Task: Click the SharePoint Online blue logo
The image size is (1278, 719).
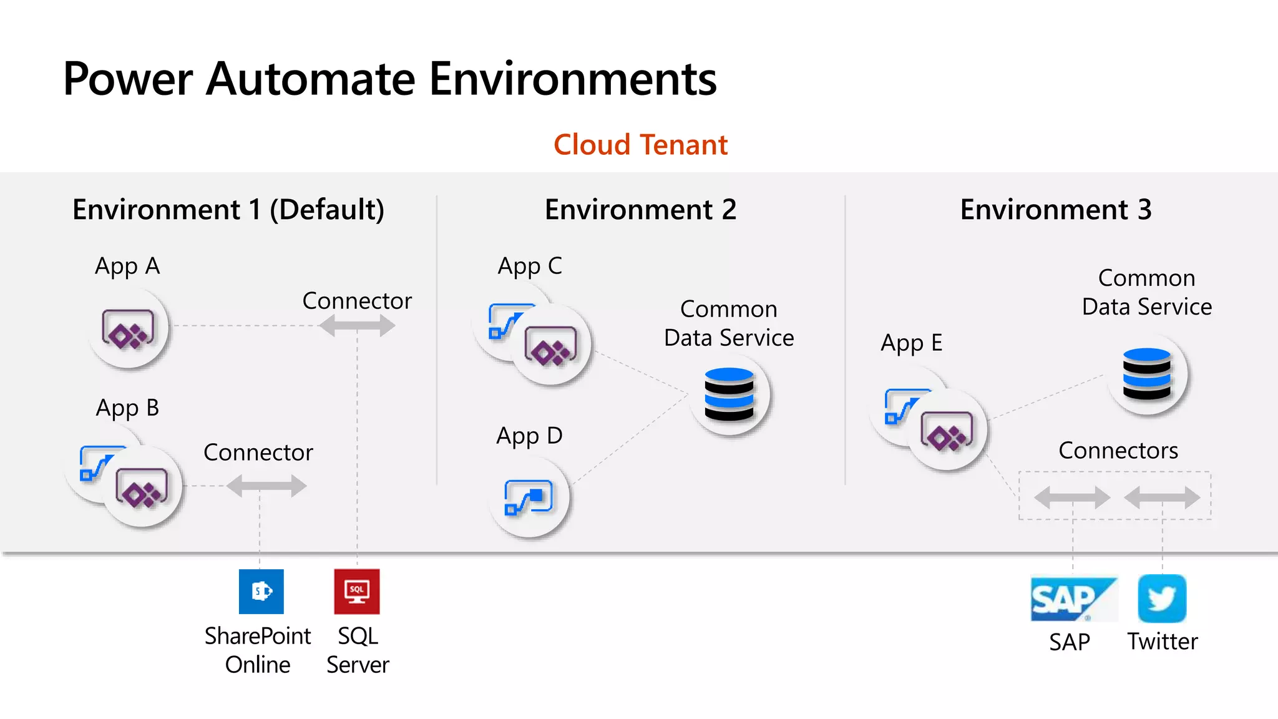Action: [x=261, y=591]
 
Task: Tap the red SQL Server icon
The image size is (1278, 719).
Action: [x=356, y=591]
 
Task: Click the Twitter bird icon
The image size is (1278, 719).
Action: [x=1162, y=599]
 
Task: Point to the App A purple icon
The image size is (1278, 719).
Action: [x=128, y=328]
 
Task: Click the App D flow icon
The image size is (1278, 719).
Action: [x=529, y=497]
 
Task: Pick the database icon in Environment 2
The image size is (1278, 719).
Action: [x=729, y=394]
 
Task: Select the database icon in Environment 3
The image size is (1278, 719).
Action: [x=1147, y=374]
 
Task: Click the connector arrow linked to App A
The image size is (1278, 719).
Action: [x=357, y=325]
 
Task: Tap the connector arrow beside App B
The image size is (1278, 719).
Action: [x=266, y=486]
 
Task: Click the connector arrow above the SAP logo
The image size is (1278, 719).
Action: [x=1072, y=497]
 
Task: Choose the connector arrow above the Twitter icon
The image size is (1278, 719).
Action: [x=1162, y=497]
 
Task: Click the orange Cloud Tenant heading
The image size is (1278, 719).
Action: [x=640, y=145]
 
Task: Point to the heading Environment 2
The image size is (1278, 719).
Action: [x=640, y=210]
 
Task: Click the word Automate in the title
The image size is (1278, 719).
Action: [x=311, y=79]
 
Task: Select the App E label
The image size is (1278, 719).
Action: [x=911, y=343]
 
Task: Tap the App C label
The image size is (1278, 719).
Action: [x=529, y=267]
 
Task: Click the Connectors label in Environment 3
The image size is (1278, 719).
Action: [x=1118, y=451]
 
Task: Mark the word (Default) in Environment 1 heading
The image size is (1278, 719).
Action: [x=327, y=210]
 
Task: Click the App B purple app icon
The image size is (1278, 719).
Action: [x=142, y=487]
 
